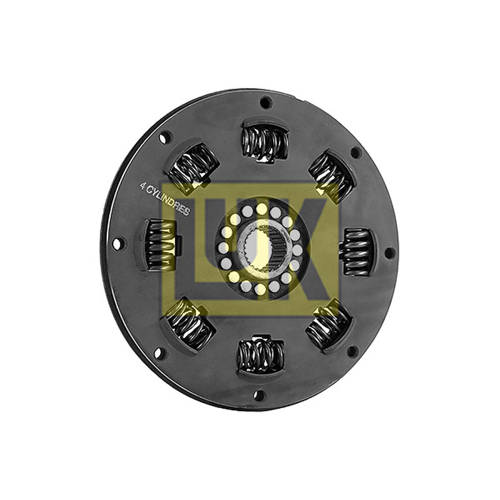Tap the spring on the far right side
(x=357, y=252)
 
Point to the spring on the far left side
(x=161, y=244)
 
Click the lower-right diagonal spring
(x=329, y=327)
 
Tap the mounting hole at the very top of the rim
(x=266, y=103)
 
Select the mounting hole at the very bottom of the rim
(x=259, y=396)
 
